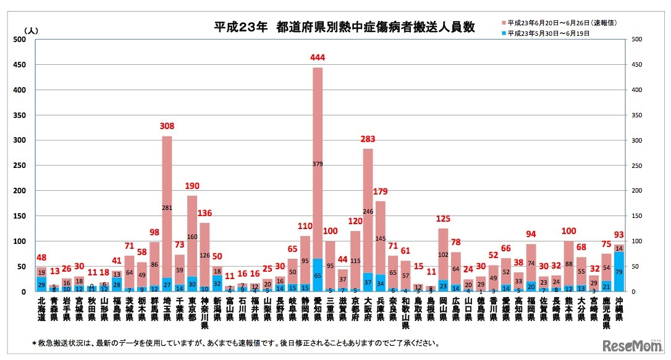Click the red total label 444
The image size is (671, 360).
click(x=318, y=58)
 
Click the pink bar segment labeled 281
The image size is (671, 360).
click(x=167, y=207)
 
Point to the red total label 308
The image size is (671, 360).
click(x=167, y=127)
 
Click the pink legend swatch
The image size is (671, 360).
click(x=503, y=23)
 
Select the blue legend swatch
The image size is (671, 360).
click(x=503, y=33)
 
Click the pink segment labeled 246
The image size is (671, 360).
click(x=368, y=211)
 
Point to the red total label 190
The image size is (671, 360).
click(x=192, y=186)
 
